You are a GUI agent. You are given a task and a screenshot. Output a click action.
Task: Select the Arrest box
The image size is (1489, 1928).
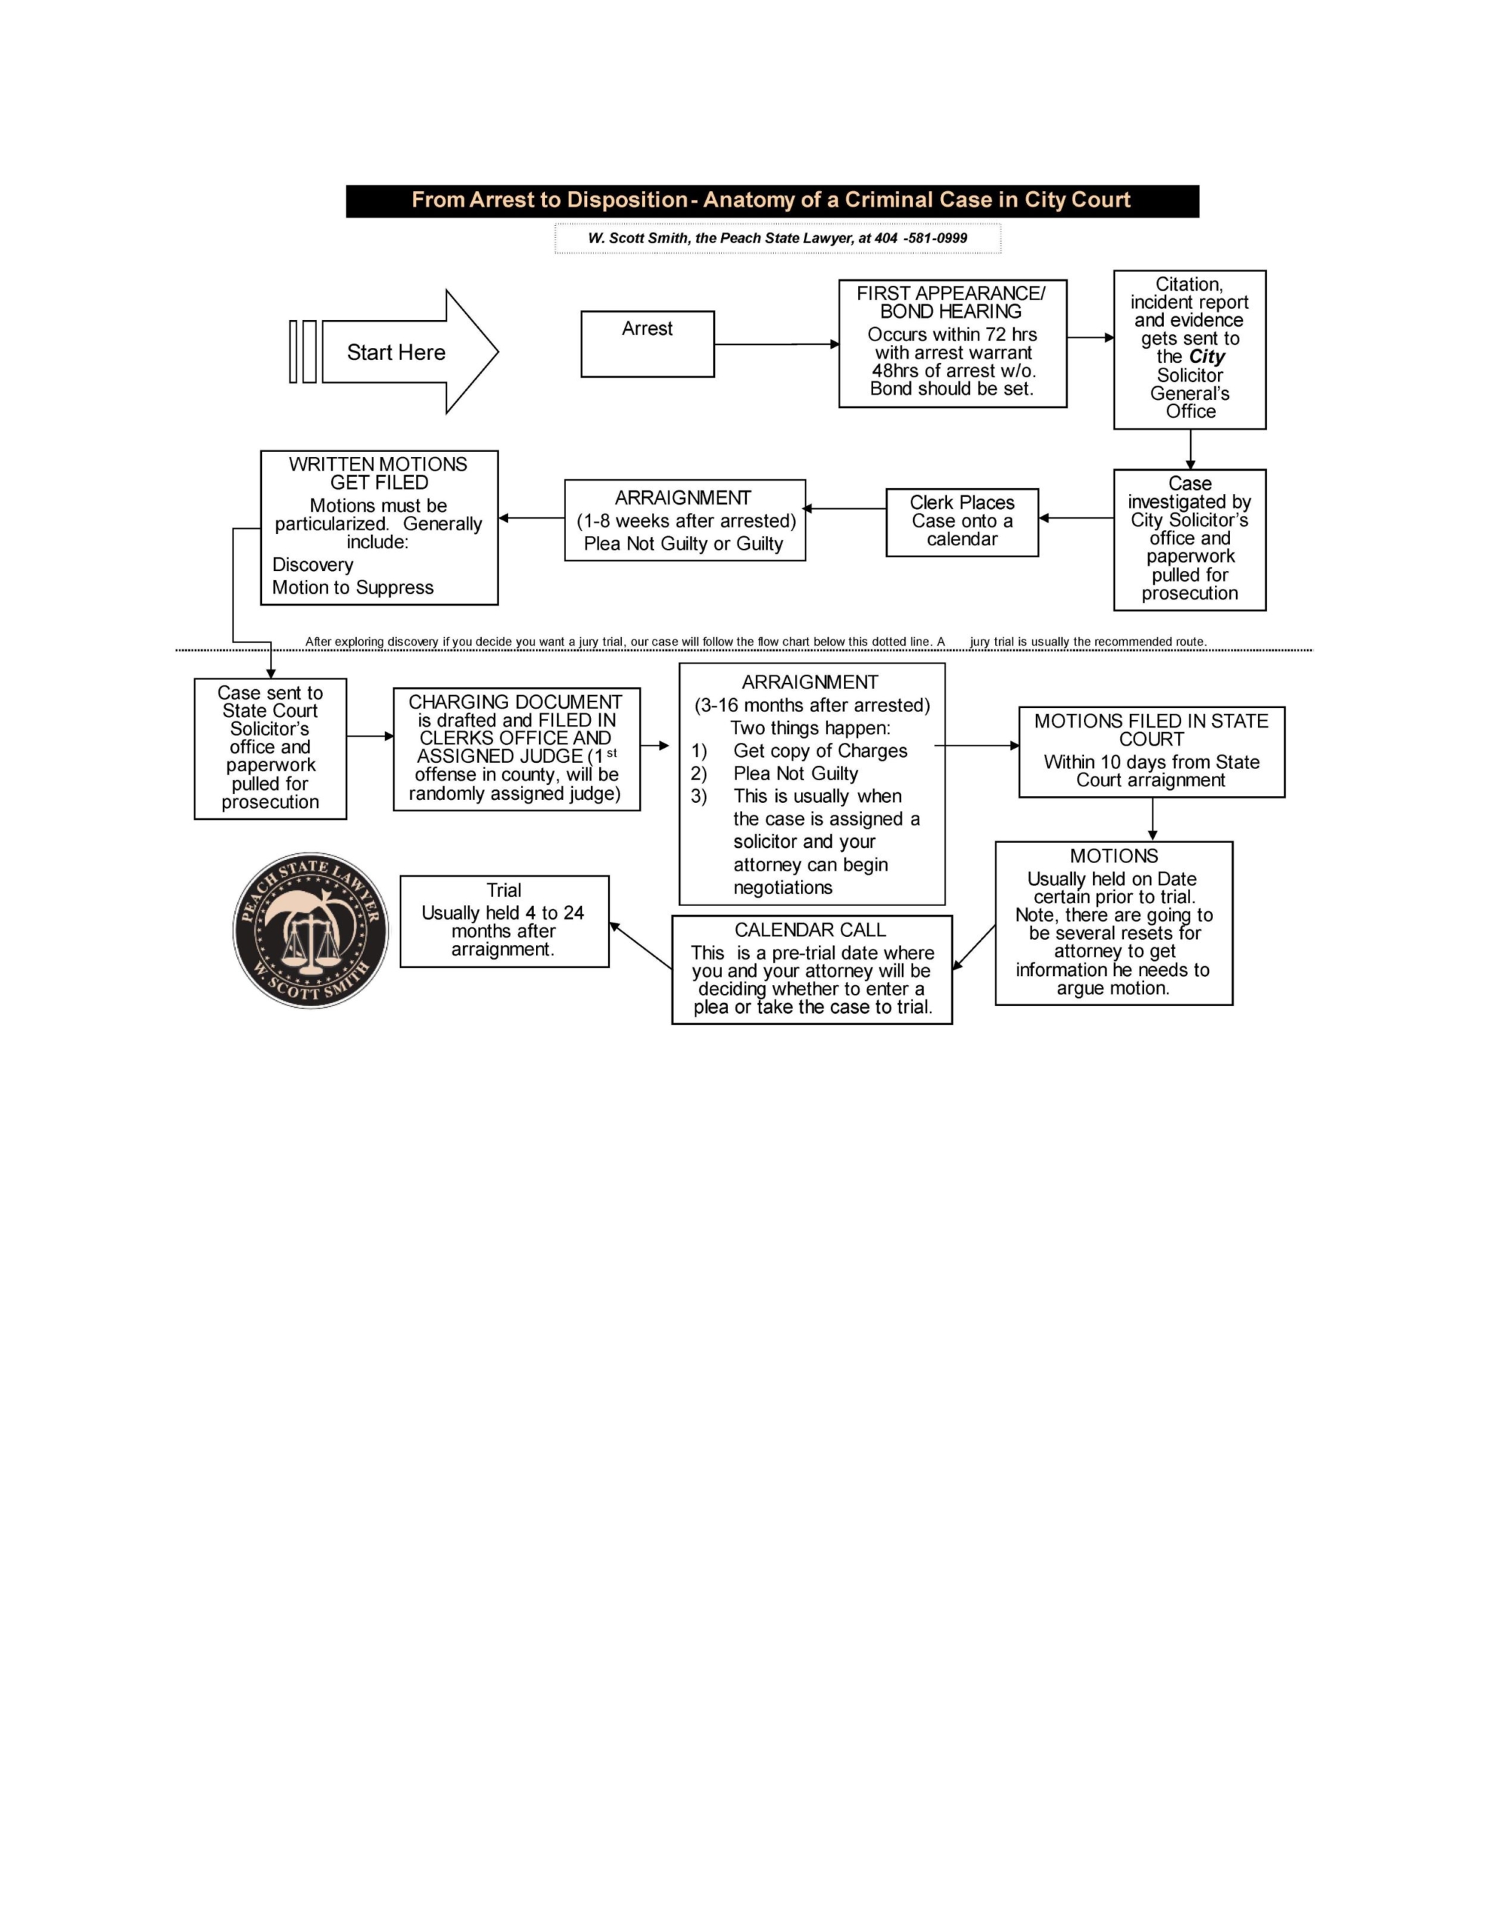click(647, 343)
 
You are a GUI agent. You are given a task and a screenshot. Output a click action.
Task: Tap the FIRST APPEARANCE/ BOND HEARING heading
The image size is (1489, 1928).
click(951, 302)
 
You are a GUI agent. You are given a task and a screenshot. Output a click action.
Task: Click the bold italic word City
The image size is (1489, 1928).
click(1207, 357)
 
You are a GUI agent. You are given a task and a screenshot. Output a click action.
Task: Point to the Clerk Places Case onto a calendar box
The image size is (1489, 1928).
click(961, 522)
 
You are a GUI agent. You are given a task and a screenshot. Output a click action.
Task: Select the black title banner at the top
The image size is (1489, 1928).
click(772, 200)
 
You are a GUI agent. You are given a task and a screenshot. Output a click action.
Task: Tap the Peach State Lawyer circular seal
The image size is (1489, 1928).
click(311, 929)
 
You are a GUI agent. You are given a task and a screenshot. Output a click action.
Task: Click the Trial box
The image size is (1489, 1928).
click(504, 921)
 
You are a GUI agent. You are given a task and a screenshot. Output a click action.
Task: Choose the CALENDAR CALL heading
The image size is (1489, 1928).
click(809, 929)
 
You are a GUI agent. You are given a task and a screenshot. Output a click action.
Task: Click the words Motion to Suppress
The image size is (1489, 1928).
click(352, 588)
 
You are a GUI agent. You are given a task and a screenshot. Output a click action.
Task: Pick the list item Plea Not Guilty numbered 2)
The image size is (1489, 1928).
click(795, 773)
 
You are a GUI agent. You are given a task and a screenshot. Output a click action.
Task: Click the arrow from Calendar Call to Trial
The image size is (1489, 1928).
click(640, 945)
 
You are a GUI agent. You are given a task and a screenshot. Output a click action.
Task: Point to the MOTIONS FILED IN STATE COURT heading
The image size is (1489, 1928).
click(1151, 730)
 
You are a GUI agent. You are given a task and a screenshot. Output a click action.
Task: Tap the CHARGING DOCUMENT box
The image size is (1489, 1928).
click(516, 749)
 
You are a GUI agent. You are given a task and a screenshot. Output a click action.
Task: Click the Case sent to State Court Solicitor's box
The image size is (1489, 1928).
click(270, 748)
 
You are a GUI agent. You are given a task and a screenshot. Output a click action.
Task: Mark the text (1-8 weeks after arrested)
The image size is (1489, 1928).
click(686, 521)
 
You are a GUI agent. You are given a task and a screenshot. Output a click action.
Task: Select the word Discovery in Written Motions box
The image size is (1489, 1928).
click(312, 565)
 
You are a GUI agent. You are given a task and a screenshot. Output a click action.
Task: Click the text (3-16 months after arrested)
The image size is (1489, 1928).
click(812, 706)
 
